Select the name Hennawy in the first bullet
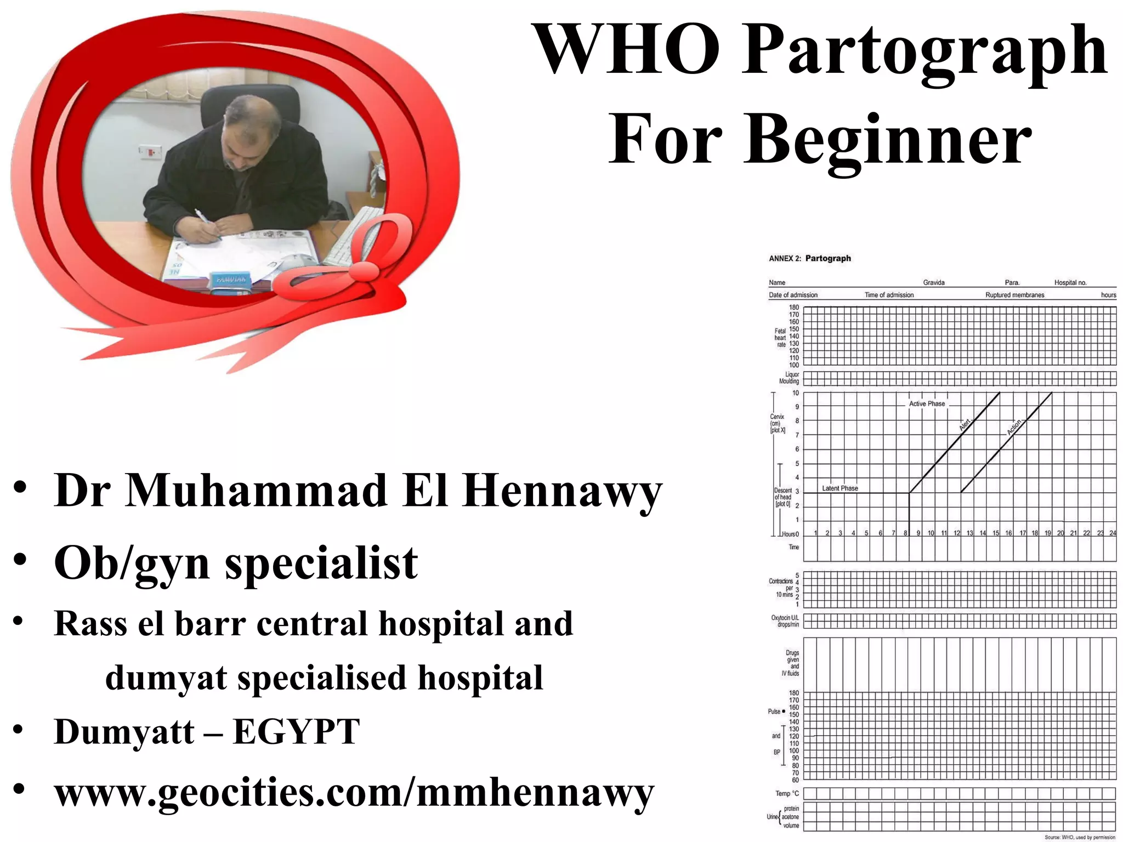click(562, 490)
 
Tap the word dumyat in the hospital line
click(166, 678)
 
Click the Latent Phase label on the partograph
click(840, 488)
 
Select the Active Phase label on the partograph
click(927, 403)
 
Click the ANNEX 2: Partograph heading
click(809, 258)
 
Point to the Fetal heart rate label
click(780, 338)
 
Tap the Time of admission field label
click(889, 295)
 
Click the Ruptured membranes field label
click(1014, 295)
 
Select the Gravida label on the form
click(933, 283)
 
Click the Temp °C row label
click(787, 793)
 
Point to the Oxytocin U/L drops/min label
click(785, 621)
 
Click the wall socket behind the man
click(149, 151)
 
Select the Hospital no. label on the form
click(1070, 283)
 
